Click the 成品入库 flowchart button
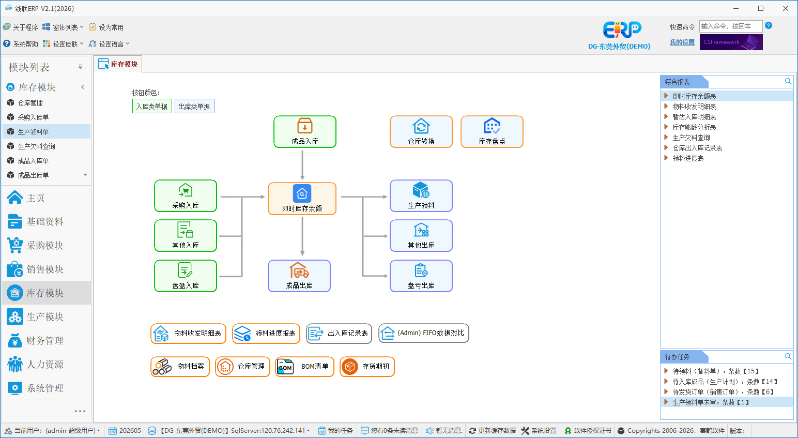point(304,131)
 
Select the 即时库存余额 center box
point(302,199)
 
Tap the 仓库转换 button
point(421,131)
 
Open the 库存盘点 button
point(492,131)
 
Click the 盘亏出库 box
point(421,276)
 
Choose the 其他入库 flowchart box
point(186,236)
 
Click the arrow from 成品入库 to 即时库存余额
point(302,165)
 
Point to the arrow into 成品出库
point(302,237)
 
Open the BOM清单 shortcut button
point(304,366)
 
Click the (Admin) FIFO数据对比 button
point(424,333)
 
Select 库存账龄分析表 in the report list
point(694,127)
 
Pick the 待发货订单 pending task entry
point(723,392)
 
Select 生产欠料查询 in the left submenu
point(36,146)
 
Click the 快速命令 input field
point(731,26)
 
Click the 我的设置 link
point(682,42)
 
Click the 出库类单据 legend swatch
point(194,106)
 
